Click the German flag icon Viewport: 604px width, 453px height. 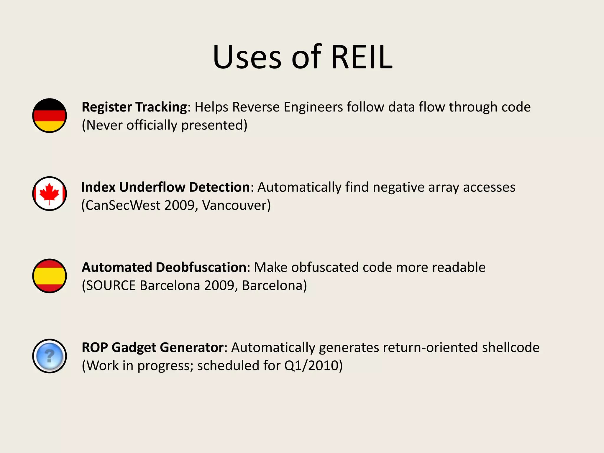pos(50,115)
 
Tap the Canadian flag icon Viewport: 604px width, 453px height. pos(50,193)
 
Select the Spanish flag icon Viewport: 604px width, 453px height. pos(50,276)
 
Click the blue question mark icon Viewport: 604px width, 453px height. pos(50,356)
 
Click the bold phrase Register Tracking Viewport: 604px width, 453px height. pos(134,107)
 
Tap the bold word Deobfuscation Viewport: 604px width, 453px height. pos(201,267)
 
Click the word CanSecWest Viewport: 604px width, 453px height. pos(123,206)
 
